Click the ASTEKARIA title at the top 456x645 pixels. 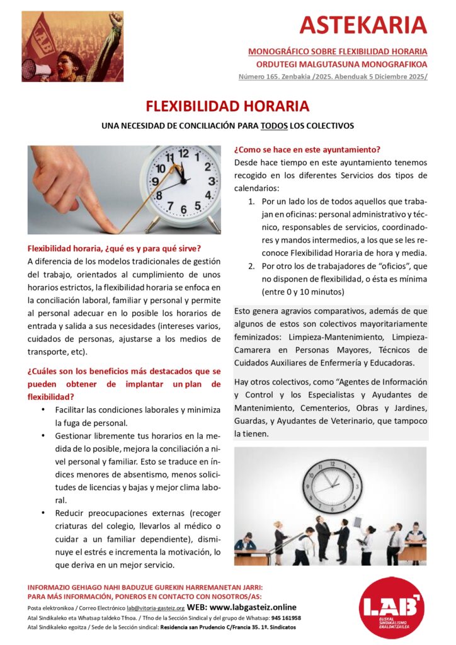363,25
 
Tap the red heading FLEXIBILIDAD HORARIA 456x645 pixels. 227,105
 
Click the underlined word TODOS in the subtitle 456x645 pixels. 274,126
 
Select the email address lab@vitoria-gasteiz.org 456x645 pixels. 155,608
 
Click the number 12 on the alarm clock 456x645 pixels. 184,153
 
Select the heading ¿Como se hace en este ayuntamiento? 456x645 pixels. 307,150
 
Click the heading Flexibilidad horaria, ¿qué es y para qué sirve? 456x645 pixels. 114,248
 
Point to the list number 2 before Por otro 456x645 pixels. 250,266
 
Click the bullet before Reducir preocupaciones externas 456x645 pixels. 43,513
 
